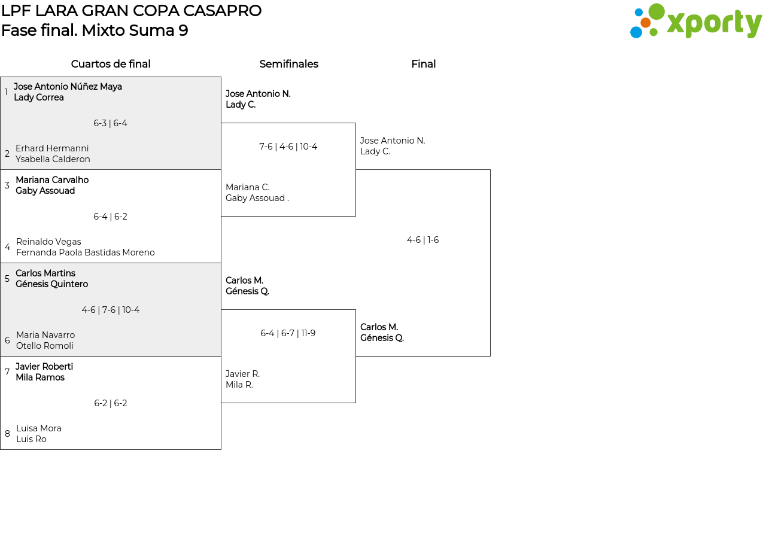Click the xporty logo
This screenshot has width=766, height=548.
pyautogui.click(x=695, y=22)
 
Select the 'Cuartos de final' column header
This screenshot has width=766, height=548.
pyautogui.click(x=111, y=64)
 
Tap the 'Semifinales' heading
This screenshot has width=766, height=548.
pyautogui.click(x=288, y=64)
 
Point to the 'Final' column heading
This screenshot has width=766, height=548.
pyautogui.click(x=423, y=64)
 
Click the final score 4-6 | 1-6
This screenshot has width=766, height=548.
pyautogui.click(x=422, y=240)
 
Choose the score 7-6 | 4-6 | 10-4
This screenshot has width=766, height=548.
pyautogui.click(x=288, y=147)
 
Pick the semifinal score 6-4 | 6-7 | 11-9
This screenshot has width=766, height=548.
pyautogui.click(x=288, y=333)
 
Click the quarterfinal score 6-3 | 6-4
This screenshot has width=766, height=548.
pyautogui.click(x=110, y=123)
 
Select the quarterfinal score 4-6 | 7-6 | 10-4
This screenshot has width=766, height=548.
pyautogui.click(x=111, y=310)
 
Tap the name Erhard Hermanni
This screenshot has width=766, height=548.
pyautogui.click(x=52, y=148)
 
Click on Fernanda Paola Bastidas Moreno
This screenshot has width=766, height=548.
pyautogui.click(x=86, y=252)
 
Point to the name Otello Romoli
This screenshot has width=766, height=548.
pyautogui.click(x=45, y=346)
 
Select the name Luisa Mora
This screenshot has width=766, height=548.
pyautogui.click(x=39, y=428)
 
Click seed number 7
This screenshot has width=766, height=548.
pyautogui.click(x=7, y=372)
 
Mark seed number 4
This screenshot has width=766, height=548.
pyautogui.click(x=7, y=247)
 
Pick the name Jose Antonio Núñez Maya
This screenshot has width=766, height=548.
pyautogui.click(x=68, y=87)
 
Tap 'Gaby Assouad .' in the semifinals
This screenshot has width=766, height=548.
pyautogui.click(x=257, y=198)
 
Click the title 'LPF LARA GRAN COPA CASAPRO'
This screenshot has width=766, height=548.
pyautogui.click(x=131, y=11)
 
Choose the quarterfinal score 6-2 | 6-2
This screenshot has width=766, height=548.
pyautogui.click(x=111, y=403)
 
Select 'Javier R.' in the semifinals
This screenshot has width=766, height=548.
pyautogui.click(x=242, y=374)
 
